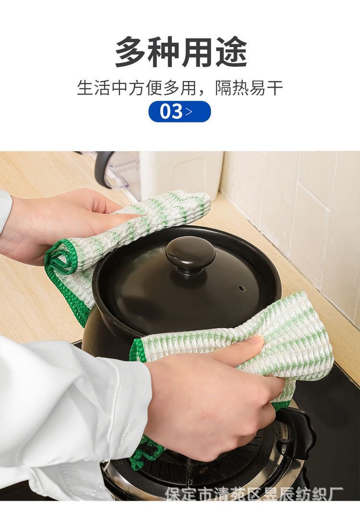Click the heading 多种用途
pos(181,52)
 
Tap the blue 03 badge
pos(180,111)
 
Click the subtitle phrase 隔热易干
pos(249,88)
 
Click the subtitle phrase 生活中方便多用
pos(137,88)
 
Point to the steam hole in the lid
pos(242,288)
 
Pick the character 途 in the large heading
pos(231,52)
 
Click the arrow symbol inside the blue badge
pos(189,111)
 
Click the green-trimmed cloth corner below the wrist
pos(146,451)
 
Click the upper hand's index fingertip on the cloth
pos(138,216)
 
